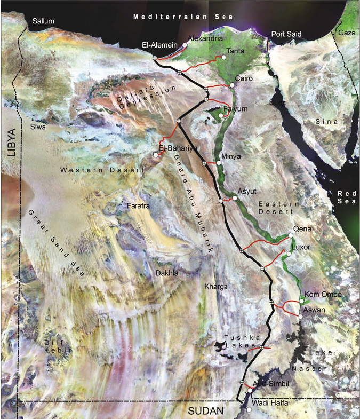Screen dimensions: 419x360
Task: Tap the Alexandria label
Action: (204, 39)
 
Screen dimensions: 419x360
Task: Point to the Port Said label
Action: (286, 34)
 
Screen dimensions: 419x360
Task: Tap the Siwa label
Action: (39, 128)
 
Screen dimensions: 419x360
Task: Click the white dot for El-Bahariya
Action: (155, 155)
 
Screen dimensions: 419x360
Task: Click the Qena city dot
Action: (291, 235)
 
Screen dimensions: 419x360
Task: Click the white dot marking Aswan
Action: (301, 317)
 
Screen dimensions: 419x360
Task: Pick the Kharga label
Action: (216, 287)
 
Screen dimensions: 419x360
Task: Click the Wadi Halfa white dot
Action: (249, 409)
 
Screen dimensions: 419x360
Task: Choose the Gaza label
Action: (347, 33)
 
